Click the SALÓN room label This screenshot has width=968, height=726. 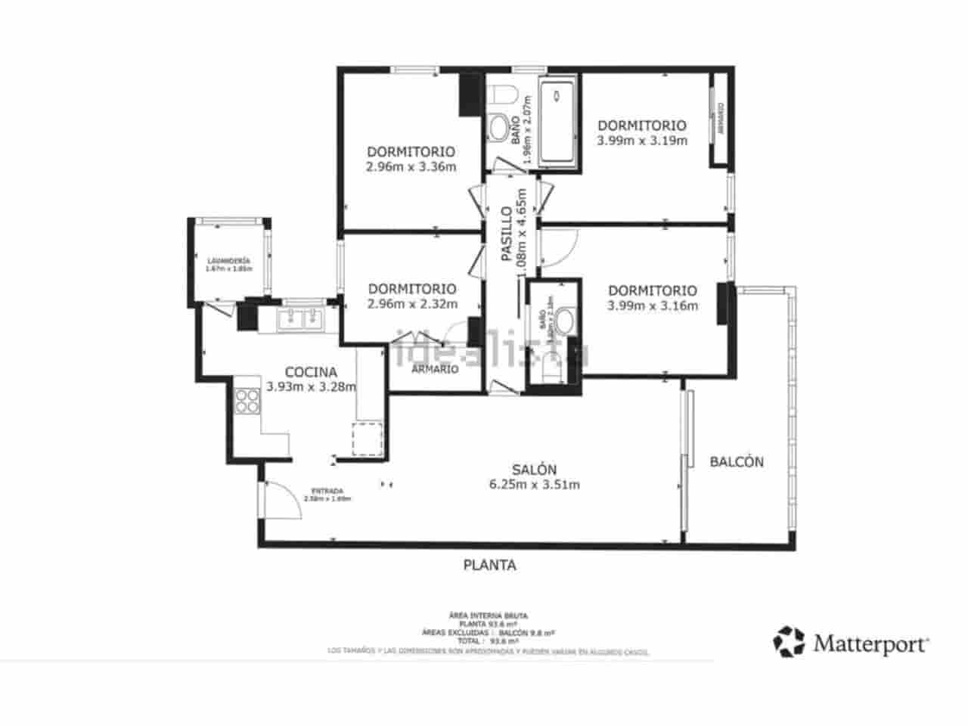coord(535,469)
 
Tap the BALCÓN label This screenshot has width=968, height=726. coord(737,461)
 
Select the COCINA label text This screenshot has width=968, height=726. coord(311,372)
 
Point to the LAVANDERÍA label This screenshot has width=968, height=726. coord(228,261)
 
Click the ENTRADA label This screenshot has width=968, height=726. coord(327,489)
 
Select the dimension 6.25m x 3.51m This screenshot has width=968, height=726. coord(535,485)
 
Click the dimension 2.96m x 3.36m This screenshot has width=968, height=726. coord(411,167)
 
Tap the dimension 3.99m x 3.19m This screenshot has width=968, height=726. coord(642,141)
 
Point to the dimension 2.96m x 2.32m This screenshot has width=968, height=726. coord(412,305)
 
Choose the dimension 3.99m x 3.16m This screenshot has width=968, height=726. coord(652,306)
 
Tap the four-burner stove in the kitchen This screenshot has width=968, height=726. coord(247,401)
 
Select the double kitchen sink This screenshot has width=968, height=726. coord(301,319)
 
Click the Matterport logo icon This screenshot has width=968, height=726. coord(789,641)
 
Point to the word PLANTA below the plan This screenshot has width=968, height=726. coord(489,565)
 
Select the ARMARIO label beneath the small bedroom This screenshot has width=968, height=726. coord(435,369)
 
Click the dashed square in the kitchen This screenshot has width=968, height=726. coord(367,439)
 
